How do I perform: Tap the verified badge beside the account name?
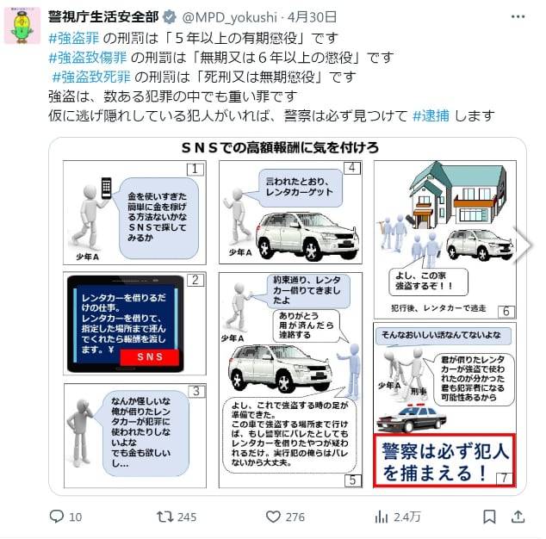(169, 16)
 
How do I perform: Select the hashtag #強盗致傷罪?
(90, 58)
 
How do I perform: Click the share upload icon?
(518, 517)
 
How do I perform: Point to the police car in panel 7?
(407, 418)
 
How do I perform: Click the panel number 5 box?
(352, 480)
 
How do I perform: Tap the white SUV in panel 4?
(295, 233)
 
